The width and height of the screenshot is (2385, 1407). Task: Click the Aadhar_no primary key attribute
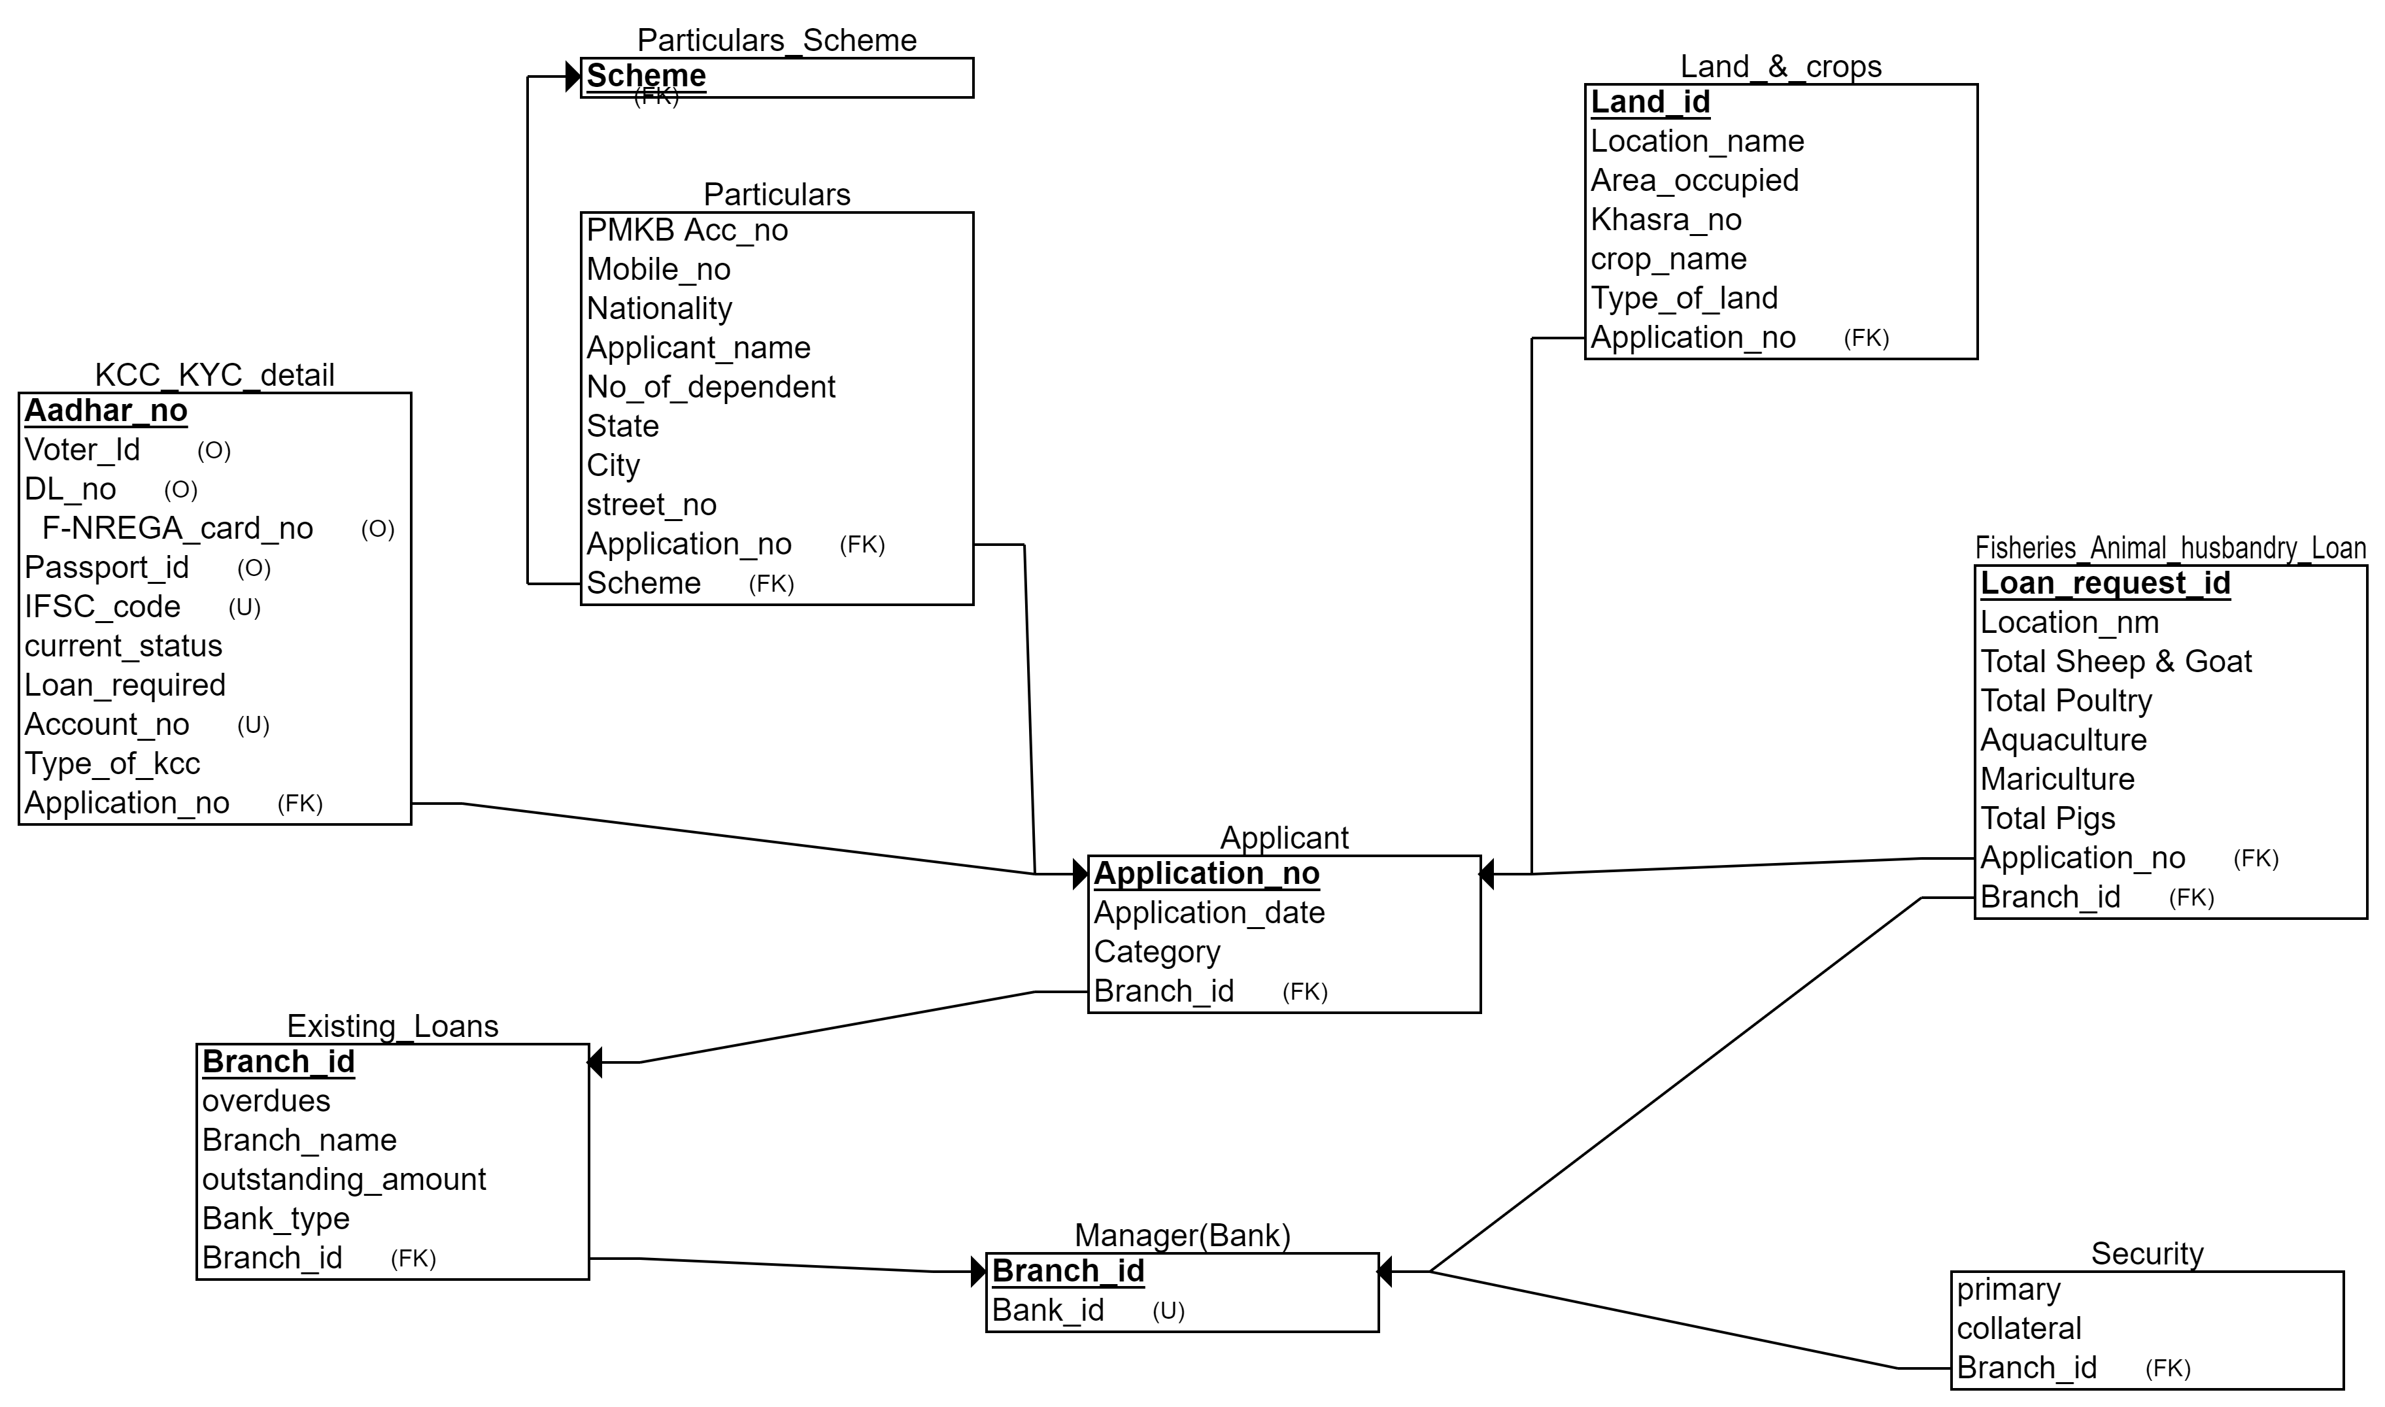pos(105,411)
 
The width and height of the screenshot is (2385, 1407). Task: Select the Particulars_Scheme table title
pos(776,41)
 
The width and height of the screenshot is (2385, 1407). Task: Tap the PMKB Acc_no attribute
pos(686,230)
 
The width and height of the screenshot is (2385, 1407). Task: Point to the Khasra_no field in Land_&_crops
pos(1666,220)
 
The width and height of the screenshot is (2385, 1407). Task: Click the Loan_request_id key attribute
pos(2105,583)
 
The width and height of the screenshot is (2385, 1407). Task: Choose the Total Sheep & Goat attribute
pos(2115,662)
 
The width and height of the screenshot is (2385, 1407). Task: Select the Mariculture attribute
pos(2057,779)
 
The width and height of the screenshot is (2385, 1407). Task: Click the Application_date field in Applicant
pos(1209,913)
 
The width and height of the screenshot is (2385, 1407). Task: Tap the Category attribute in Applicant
pos(1157,952)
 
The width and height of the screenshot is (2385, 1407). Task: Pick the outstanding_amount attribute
pos(343,1179)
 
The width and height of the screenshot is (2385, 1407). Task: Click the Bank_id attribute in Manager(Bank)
pos(1047,1310)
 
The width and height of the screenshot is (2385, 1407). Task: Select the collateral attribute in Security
pos(2019,1329)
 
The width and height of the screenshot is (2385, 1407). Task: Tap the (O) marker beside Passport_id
pos(254,569)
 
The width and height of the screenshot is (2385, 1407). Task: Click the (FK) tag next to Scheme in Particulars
pos(771,584)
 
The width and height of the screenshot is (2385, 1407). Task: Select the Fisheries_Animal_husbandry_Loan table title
pos(2170,548)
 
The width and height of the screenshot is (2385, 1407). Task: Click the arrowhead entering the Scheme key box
pos(573,76)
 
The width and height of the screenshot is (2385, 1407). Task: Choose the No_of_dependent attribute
pos(710,388)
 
